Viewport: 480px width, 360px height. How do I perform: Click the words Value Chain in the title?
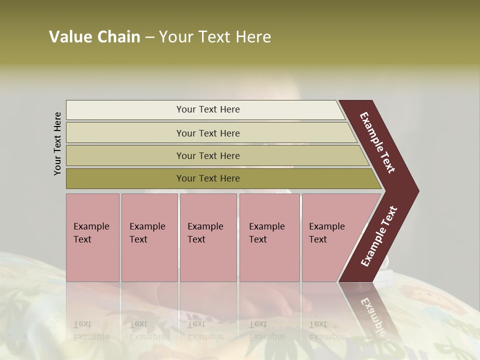[x=95, y=37]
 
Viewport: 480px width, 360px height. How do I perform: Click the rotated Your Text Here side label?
[x=58, y=144]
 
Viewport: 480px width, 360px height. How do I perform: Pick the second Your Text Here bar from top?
[x=208, y=133]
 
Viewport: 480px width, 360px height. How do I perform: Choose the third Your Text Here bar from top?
[x=208, y=155]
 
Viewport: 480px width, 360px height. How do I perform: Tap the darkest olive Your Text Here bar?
[x=208, y=178]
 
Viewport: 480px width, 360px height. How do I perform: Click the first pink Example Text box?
[x=92, y=237]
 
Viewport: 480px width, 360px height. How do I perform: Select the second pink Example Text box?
[x=149, y=237]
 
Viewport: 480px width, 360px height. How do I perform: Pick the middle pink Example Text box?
[x=208, y=237]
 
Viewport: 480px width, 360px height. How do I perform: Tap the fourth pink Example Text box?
[x=269, y=237]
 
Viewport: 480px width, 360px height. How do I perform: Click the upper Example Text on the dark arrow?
[x=378, y=142]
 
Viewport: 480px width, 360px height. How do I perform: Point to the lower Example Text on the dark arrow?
[x=379, y=236]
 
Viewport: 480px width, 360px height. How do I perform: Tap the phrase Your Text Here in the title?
[x=215, y=37]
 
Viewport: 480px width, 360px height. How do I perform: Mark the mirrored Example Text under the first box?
[x=91, y=330]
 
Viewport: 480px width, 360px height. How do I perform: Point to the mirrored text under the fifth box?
[x=326, y=330]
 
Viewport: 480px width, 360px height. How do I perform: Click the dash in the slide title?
[x=149, y=37]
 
